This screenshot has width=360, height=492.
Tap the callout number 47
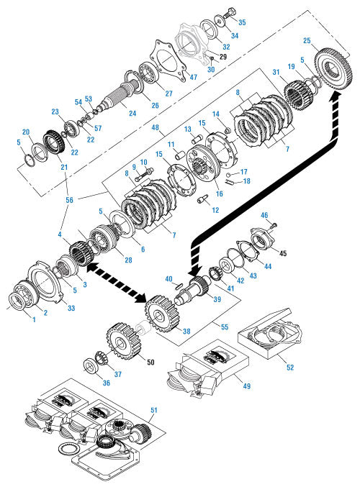(x=194, y=77)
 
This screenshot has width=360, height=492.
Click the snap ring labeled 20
(x=40, y=152)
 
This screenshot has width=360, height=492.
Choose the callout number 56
(x=69, y=200)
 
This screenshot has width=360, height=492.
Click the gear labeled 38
(x=162, y=314)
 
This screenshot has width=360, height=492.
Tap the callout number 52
(x=290, y=367)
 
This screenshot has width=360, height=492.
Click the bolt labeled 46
(x=274, y=226)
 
